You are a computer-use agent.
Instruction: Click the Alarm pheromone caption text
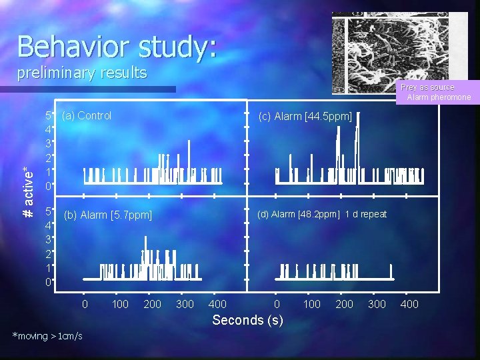pyautogui.click(x=439, y=97)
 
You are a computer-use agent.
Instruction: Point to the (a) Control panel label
pyautogui.click(x=86, y=115)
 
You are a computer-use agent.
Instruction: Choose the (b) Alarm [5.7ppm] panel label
pyautogui.click(x=107, y=215)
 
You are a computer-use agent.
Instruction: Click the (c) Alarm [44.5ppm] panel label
pyautogui.click(x=305, y=117)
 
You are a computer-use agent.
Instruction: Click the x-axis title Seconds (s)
pyautogui.click(x=247, y=320)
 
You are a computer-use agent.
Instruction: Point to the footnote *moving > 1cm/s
pyautogui.click(x=47, y=336)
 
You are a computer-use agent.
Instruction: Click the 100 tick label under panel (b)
pyautogui.click(x=120, y=305)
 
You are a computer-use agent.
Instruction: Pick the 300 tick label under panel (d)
pyautogui.click(x=377, y=305)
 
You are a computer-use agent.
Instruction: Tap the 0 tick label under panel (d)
pyautogui.click(x=277, y=305)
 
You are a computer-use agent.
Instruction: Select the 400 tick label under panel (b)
pyautogui.click(x=217, y=305)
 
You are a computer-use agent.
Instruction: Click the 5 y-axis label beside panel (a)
pyautogui.click(x=48, y=115)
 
